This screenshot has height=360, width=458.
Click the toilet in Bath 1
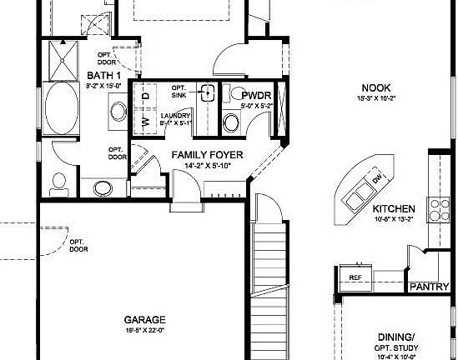pyautogui.click(x=58, y=180)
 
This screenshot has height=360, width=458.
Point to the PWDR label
pyautogui.click(x=251, y=95)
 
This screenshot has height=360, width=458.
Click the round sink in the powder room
pyautogui.click(x=230, y=123)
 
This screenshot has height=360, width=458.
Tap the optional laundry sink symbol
pyautogui.click(x=208, y=92)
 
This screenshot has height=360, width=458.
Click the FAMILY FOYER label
pyautogui.click(x=207, y=155)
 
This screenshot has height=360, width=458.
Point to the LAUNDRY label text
pyautogui.click(x=176, y=116)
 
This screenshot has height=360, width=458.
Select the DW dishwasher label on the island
pyautogui.click(x=377, y=180)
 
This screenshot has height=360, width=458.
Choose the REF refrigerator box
pyautogui.click(x=355, y=277)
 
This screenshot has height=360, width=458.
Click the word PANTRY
pyautogui.click(x=430, y=287)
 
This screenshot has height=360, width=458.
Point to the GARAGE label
pyautogui.click(x=145, y=319)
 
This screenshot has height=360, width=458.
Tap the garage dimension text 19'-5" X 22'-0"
pyautogui.click(x=145, y=331)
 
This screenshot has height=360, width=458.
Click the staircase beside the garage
pyautogui.click(x=272, y=267)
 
